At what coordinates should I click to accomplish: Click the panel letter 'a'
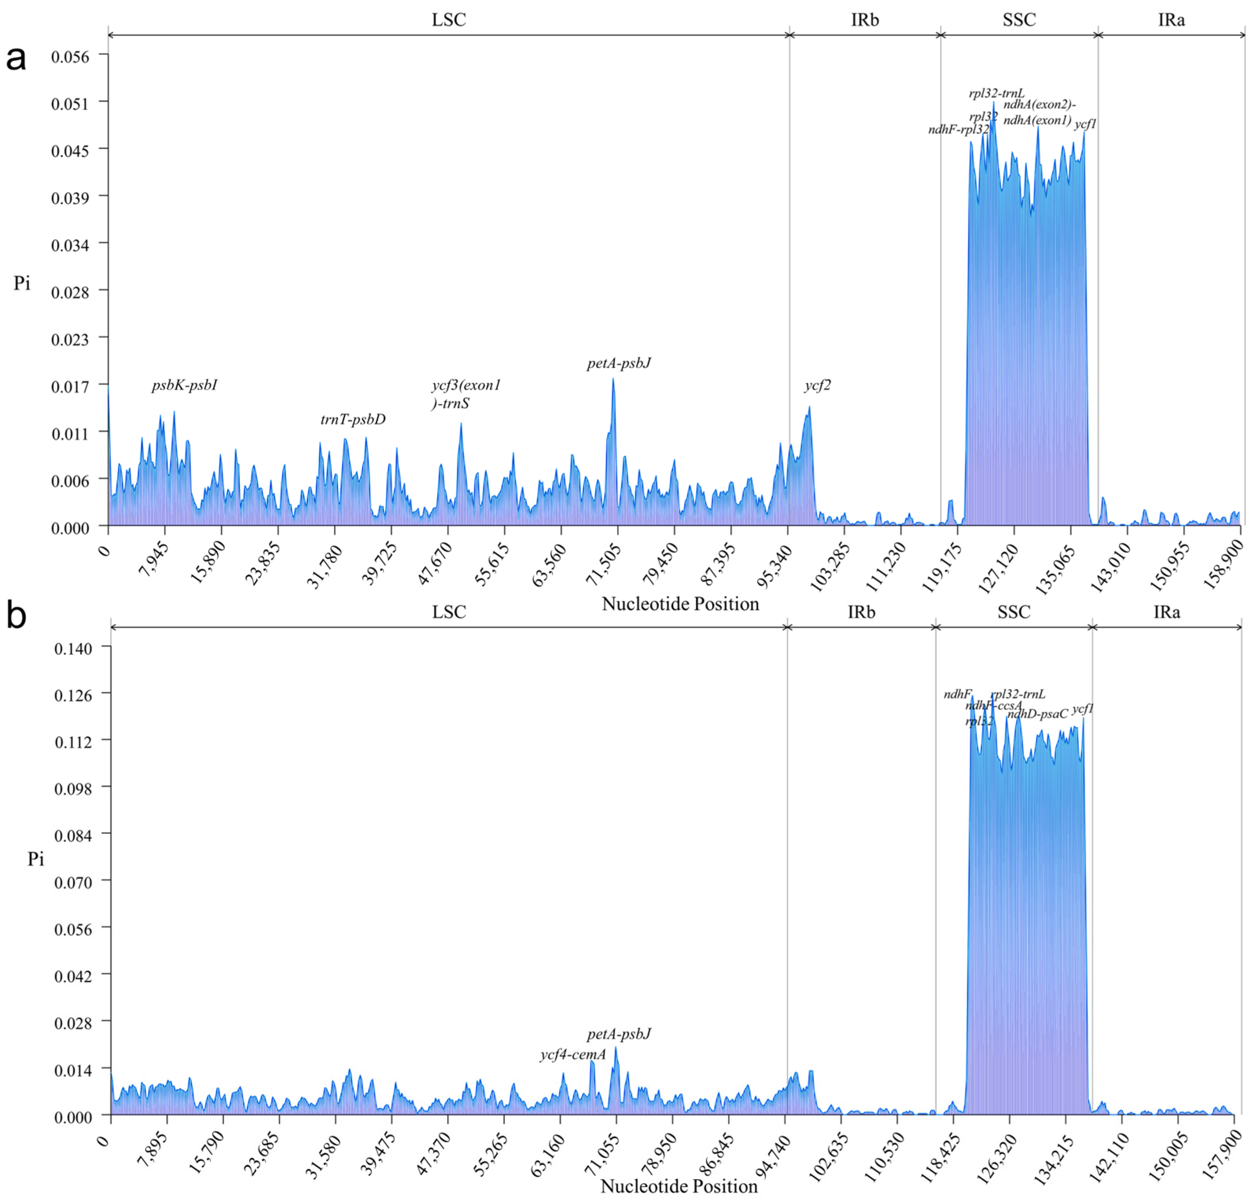(16, 59)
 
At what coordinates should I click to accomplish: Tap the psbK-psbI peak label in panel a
(185, 385)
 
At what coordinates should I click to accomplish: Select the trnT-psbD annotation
(353, 420)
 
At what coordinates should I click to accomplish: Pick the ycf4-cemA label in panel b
(573, 1055)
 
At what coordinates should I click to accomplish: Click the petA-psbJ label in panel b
(619, 1034)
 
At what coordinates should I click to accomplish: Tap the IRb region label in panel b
(861, 612)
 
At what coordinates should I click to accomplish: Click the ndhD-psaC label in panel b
(1038, 714)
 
